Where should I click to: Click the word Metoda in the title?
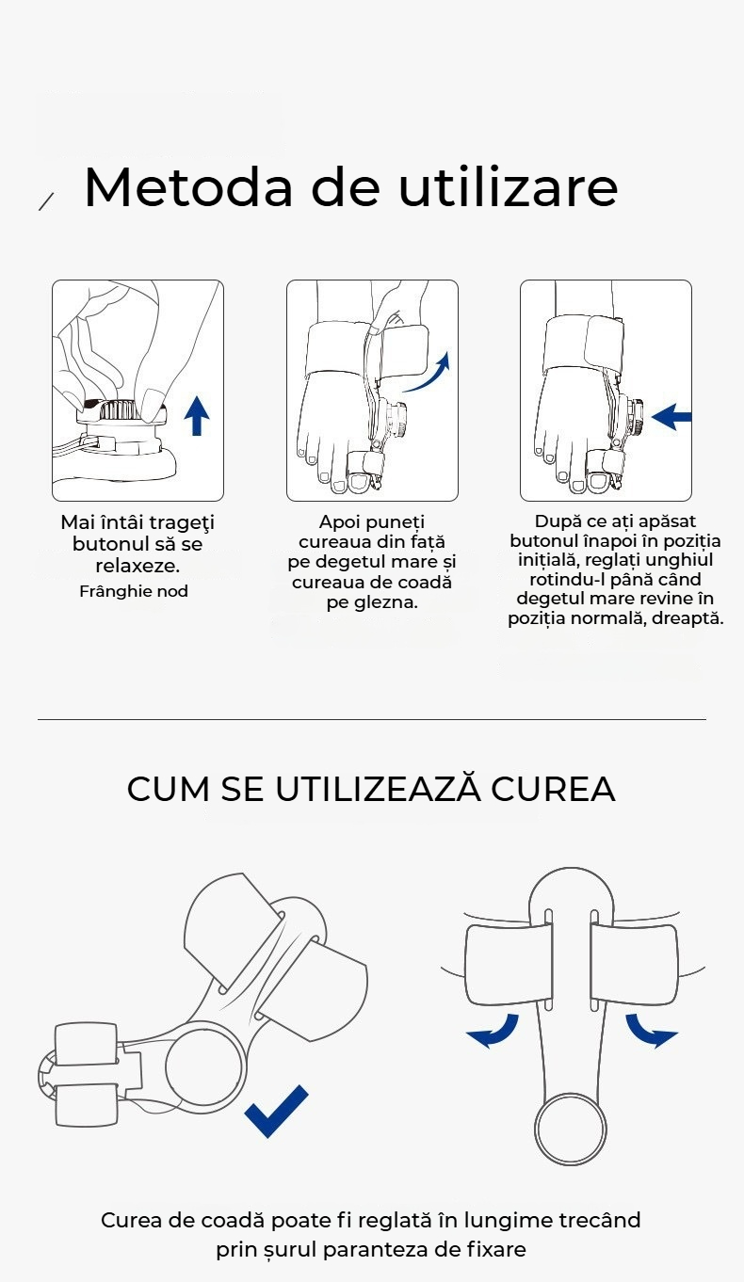click(x=188, y=187)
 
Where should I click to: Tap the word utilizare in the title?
click(x=508, y=186)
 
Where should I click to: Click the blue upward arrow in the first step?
click(x=197, y=415)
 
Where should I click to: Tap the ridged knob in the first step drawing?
click(x=119, y=409)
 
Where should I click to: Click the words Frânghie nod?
click(x=134, y=591)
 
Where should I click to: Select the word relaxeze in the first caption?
click(x=137, y=566)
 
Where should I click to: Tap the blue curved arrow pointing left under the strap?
click(x=493, y=1032)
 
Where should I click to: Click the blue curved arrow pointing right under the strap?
click(x=652, y=1032)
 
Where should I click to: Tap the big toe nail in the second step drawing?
click(x=362, y=483)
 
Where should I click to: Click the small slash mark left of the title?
click(x=46, y=201)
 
